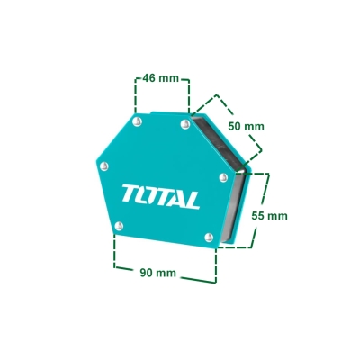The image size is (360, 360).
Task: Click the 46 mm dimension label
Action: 160,78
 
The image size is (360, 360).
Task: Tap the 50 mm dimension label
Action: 246,126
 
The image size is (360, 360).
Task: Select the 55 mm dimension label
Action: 269,216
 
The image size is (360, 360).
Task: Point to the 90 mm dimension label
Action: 158,273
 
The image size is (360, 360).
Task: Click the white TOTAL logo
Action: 161,196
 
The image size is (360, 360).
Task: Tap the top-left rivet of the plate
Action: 137,121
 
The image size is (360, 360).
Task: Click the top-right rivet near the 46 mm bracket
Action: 185,124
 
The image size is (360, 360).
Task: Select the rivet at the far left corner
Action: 103,166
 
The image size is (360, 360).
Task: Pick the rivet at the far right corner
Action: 223,177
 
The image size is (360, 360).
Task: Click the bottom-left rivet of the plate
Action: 119,226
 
